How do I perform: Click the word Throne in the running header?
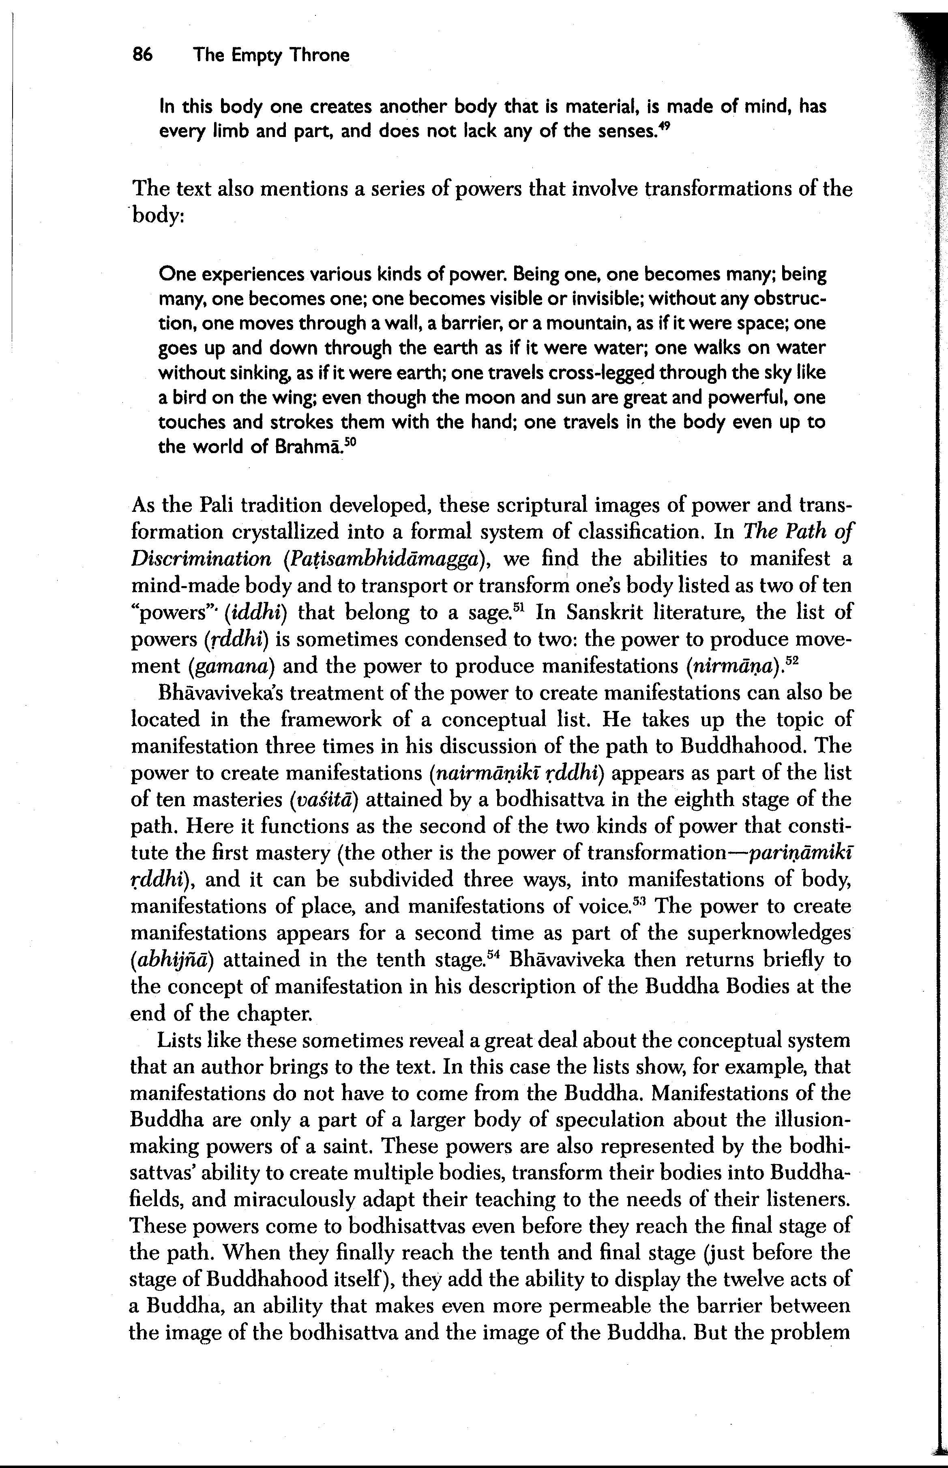point(320,56)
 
